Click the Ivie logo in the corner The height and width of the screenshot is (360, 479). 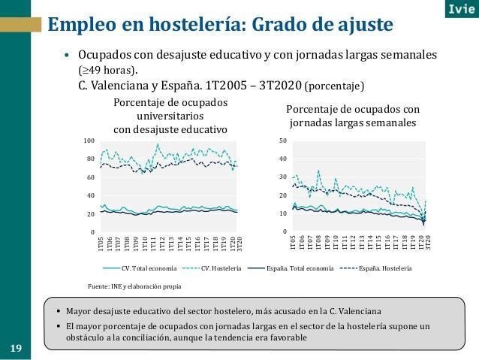[x=455, y=11]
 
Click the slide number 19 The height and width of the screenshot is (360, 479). [x=16, y=348]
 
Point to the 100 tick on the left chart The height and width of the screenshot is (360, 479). [x=89, y=141]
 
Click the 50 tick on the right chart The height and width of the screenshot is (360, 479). [x=282, y=141]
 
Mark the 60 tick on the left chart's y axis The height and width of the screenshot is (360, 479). [x=90, y=178]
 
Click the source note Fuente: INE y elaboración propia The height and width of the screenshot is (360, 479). [x=134, y=286]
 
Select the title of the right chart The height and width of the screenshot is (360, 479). [x=353, y=115]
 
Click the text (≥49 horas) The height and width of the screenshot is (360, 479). [x=103, y=70]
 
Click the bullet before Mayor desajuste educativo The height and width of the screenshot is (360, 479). [x=59, y=310]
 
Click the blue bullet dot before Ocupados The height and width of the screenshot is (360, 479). [x=67, y=57]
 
